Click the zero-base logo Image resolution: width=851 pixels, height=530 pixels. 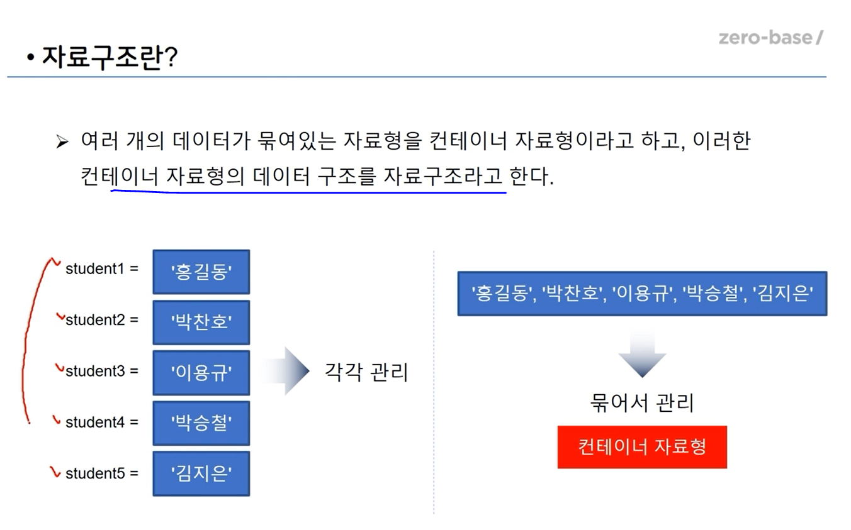(771, 38)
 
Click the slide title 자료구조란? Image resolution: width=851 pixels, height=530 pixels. (110, 57)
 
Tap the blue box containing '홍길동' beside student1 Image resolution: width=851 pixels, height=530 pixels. (201, 272)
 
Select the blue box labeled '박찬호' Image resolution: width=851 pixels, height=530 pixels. (201, 322)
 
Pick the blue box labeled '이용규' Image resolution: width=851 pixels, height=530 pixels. (201, 373)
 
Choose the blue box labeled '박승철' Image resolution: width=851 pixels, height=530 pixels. (201, 423)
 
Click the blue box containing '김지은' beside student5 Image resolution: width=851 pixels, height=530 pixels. (201, 473)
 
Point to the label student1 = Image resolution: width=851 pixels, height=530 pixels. (102, 268)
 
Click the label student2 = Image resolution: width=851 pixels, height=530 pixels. (102, 320)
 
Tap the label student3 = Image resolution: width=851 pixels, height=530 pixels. (102, 371)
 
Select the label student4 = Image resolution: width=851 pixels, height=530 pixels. (102, 422)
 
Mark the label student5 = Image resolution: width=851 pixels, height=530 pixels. (102, 473)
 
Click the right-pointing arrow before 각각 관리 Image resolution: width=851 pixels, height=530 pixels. (286, 371)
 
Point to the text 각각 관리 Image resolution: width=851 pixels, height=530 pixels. (366, 372)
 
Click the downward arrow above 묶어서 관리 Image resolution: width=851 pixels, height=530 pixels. (642, 353)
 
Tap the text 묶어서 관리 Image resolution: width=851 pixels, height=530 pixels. (642, 402)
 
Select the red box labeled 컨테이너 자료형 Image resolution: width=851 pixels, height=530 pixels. (642, 447)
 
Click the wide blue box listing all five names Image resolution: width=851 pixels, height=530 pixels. (642, 293)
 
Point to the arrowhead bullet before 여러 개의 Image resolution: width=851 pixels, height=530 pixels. (62, 141)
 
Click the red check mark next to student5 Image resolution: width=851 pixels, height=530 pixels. (55, 472)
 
